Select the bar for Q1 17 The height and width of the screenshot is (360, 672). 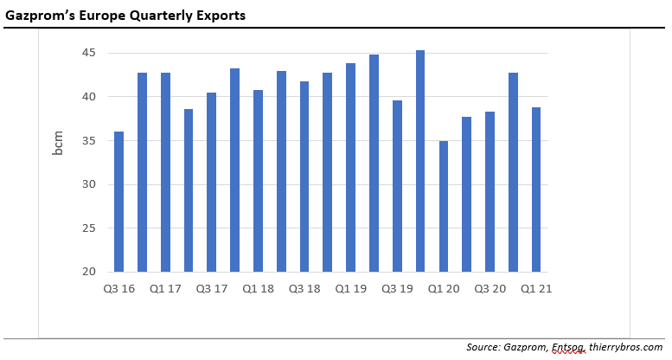pyautogui.click(x=165, y=172)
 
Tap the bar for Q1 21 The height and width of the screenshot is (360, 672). pyautogui.click(x=536, y=190)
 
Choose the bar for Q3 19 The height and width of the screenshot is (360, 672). pyautogui.click(x=397, y=186)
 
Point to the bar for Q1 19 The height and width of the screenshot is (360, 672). pyautogui.click(x=351, y=168)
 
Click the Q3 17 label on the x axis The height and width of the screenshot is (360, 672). pyautogui.click(x=212, y=289)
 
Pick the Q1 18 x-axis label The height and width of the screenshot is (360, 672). pyautogui.click(x=259, y=289)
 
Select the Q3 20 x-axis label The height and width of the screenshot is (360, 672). pyautogui.click(x=490, y=289)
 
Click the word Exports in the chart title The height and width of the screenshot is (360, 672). pyautogui.click(x=220, y=15)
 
